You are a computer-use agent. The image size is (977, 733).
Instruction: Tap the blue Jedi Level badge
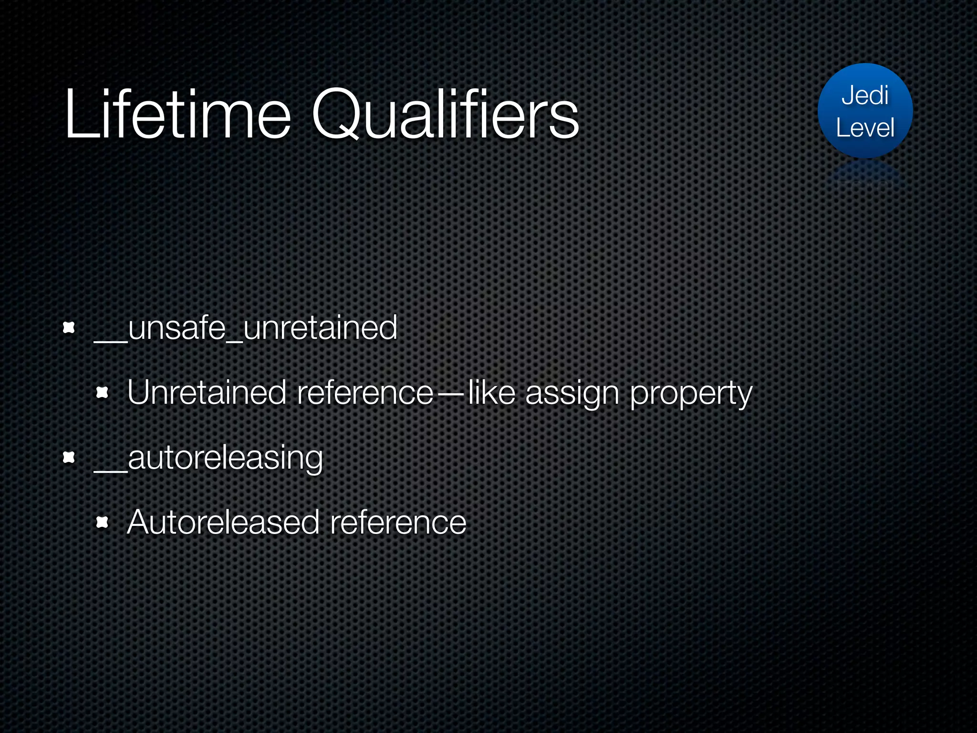click(x=865, y=111)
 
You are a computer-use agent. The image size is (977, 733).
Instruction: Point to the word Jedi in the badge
click(x=865, y=95)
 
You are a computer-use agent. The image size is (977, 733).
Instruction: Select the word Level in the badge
click(x=865, y=128)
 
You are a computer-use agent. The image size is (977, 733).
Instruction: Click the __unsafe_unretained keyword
click(x=246, y=328)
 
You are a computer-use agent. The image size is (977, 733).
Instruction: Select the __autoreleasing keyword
click(x=208, y=458)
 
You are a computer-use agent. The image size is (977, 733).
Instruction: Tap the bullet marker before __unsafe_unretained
click(x=69, y=328)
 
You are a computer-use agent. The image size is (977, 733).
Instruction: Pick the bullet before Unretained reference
click(x=102, y=393)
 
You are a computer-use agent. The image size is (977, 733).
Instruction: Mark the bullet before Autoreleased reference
click(x=102, y=523)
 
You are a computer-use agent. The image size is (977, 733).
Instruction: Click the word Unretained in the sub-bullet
click(x=207, y=393)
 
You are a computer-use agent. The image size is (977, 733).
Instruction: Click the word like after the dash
click(x=491, y=393)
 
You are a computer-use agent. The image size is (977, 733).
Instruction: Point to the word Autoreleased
click(x=223, y=523)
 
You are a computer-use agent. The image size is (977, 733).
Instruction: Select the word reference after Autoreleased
click(x=398, y=523)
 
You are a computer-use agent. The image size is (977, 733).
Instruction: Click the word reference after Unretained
click(x=365, y=393)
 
